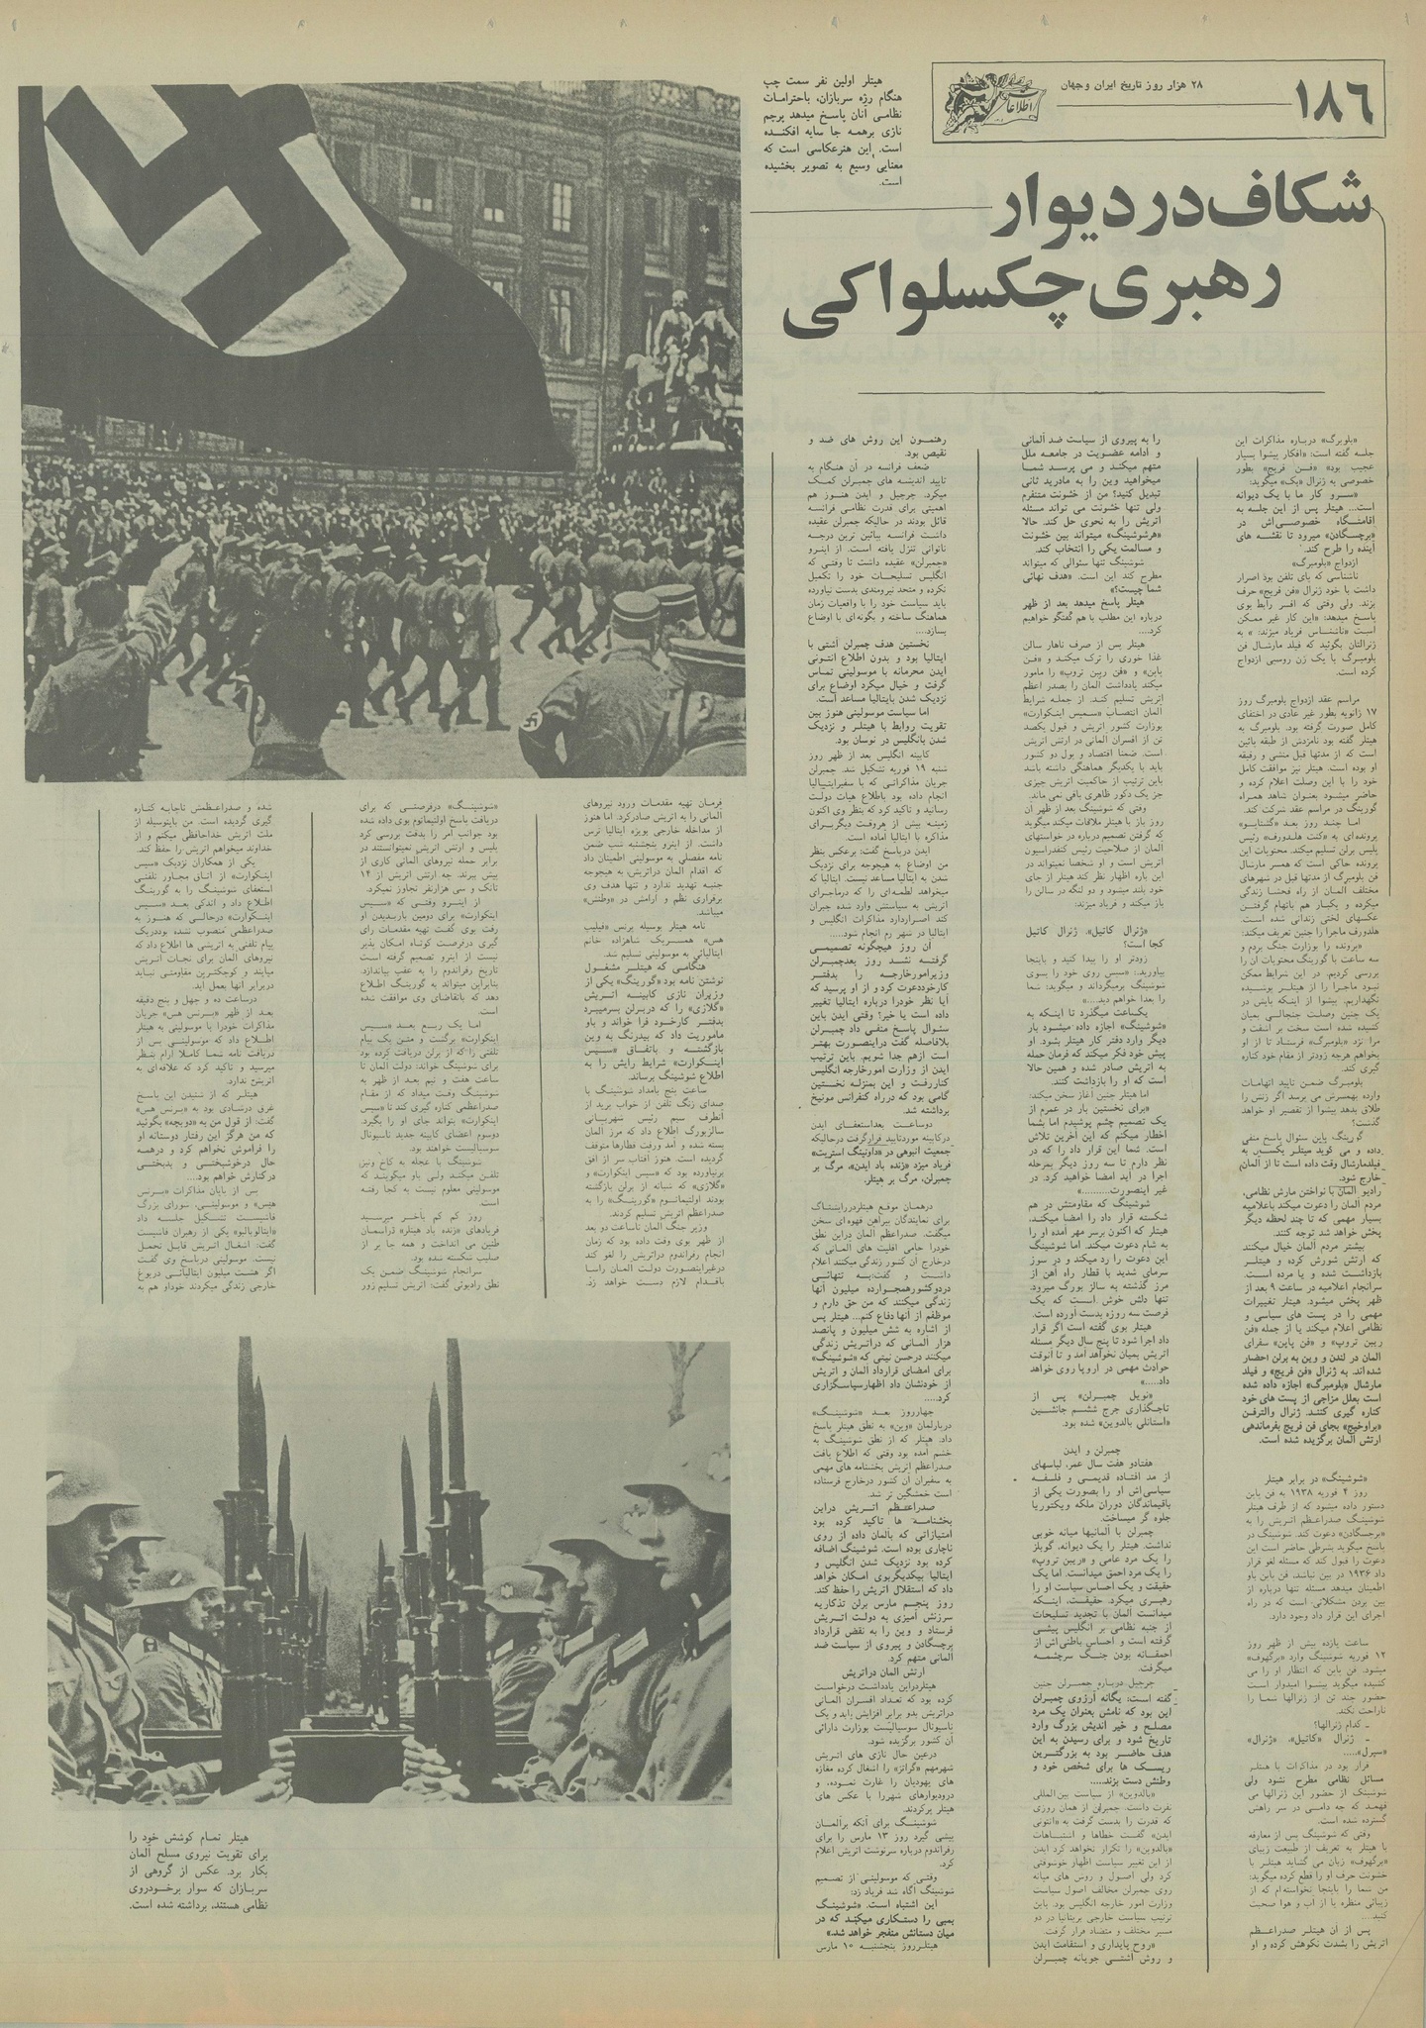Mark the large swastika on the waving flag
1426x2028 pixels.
178,119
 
